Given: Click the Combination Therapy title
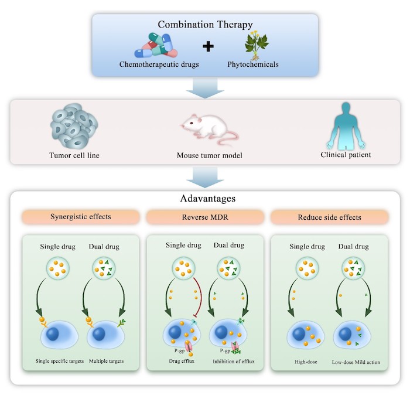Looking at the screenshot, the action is tap(205, 25).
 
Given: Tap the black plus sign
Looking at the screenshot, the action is tap(208, 46).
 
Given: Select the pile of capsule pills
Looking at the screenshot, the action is tap(156, 46).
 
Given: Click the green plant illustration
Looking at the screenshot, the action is tap(257, 45).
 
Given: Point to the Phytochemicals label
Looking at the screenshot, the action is tap(253, 64).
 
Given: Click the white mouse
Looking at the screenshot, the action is tap(209, 129).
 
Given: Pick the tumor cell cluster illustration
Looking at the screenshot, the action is tap(74, 126).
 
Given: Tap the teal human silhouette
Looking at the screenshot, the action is tap(346, 126).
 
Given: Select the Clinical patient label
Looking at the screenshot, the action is tap(346, 155).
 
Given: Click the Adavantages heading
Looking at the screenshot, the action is tap(208, 199).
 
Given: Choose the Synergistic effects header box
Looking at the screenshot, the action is tap(81, 217).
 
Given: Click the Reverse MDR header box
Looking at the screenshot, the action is tap(205, 217).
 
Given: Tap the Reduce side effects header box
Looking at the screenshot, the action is tap(329, 217).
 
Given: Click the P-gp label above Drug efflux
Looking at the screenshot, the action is tap(180, 351).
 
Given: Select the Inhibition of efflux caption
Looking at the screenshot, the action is tap(234, 362).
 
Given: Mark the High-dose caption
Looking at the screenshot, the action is tap(306, 362).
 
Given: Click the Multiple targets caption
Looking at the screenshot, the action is tap(106, 361).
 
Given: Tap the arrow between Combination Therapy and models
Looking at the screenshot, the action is tap(205, 88).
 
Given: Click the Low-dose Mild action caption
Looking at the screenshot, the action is tap(356, 362).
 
